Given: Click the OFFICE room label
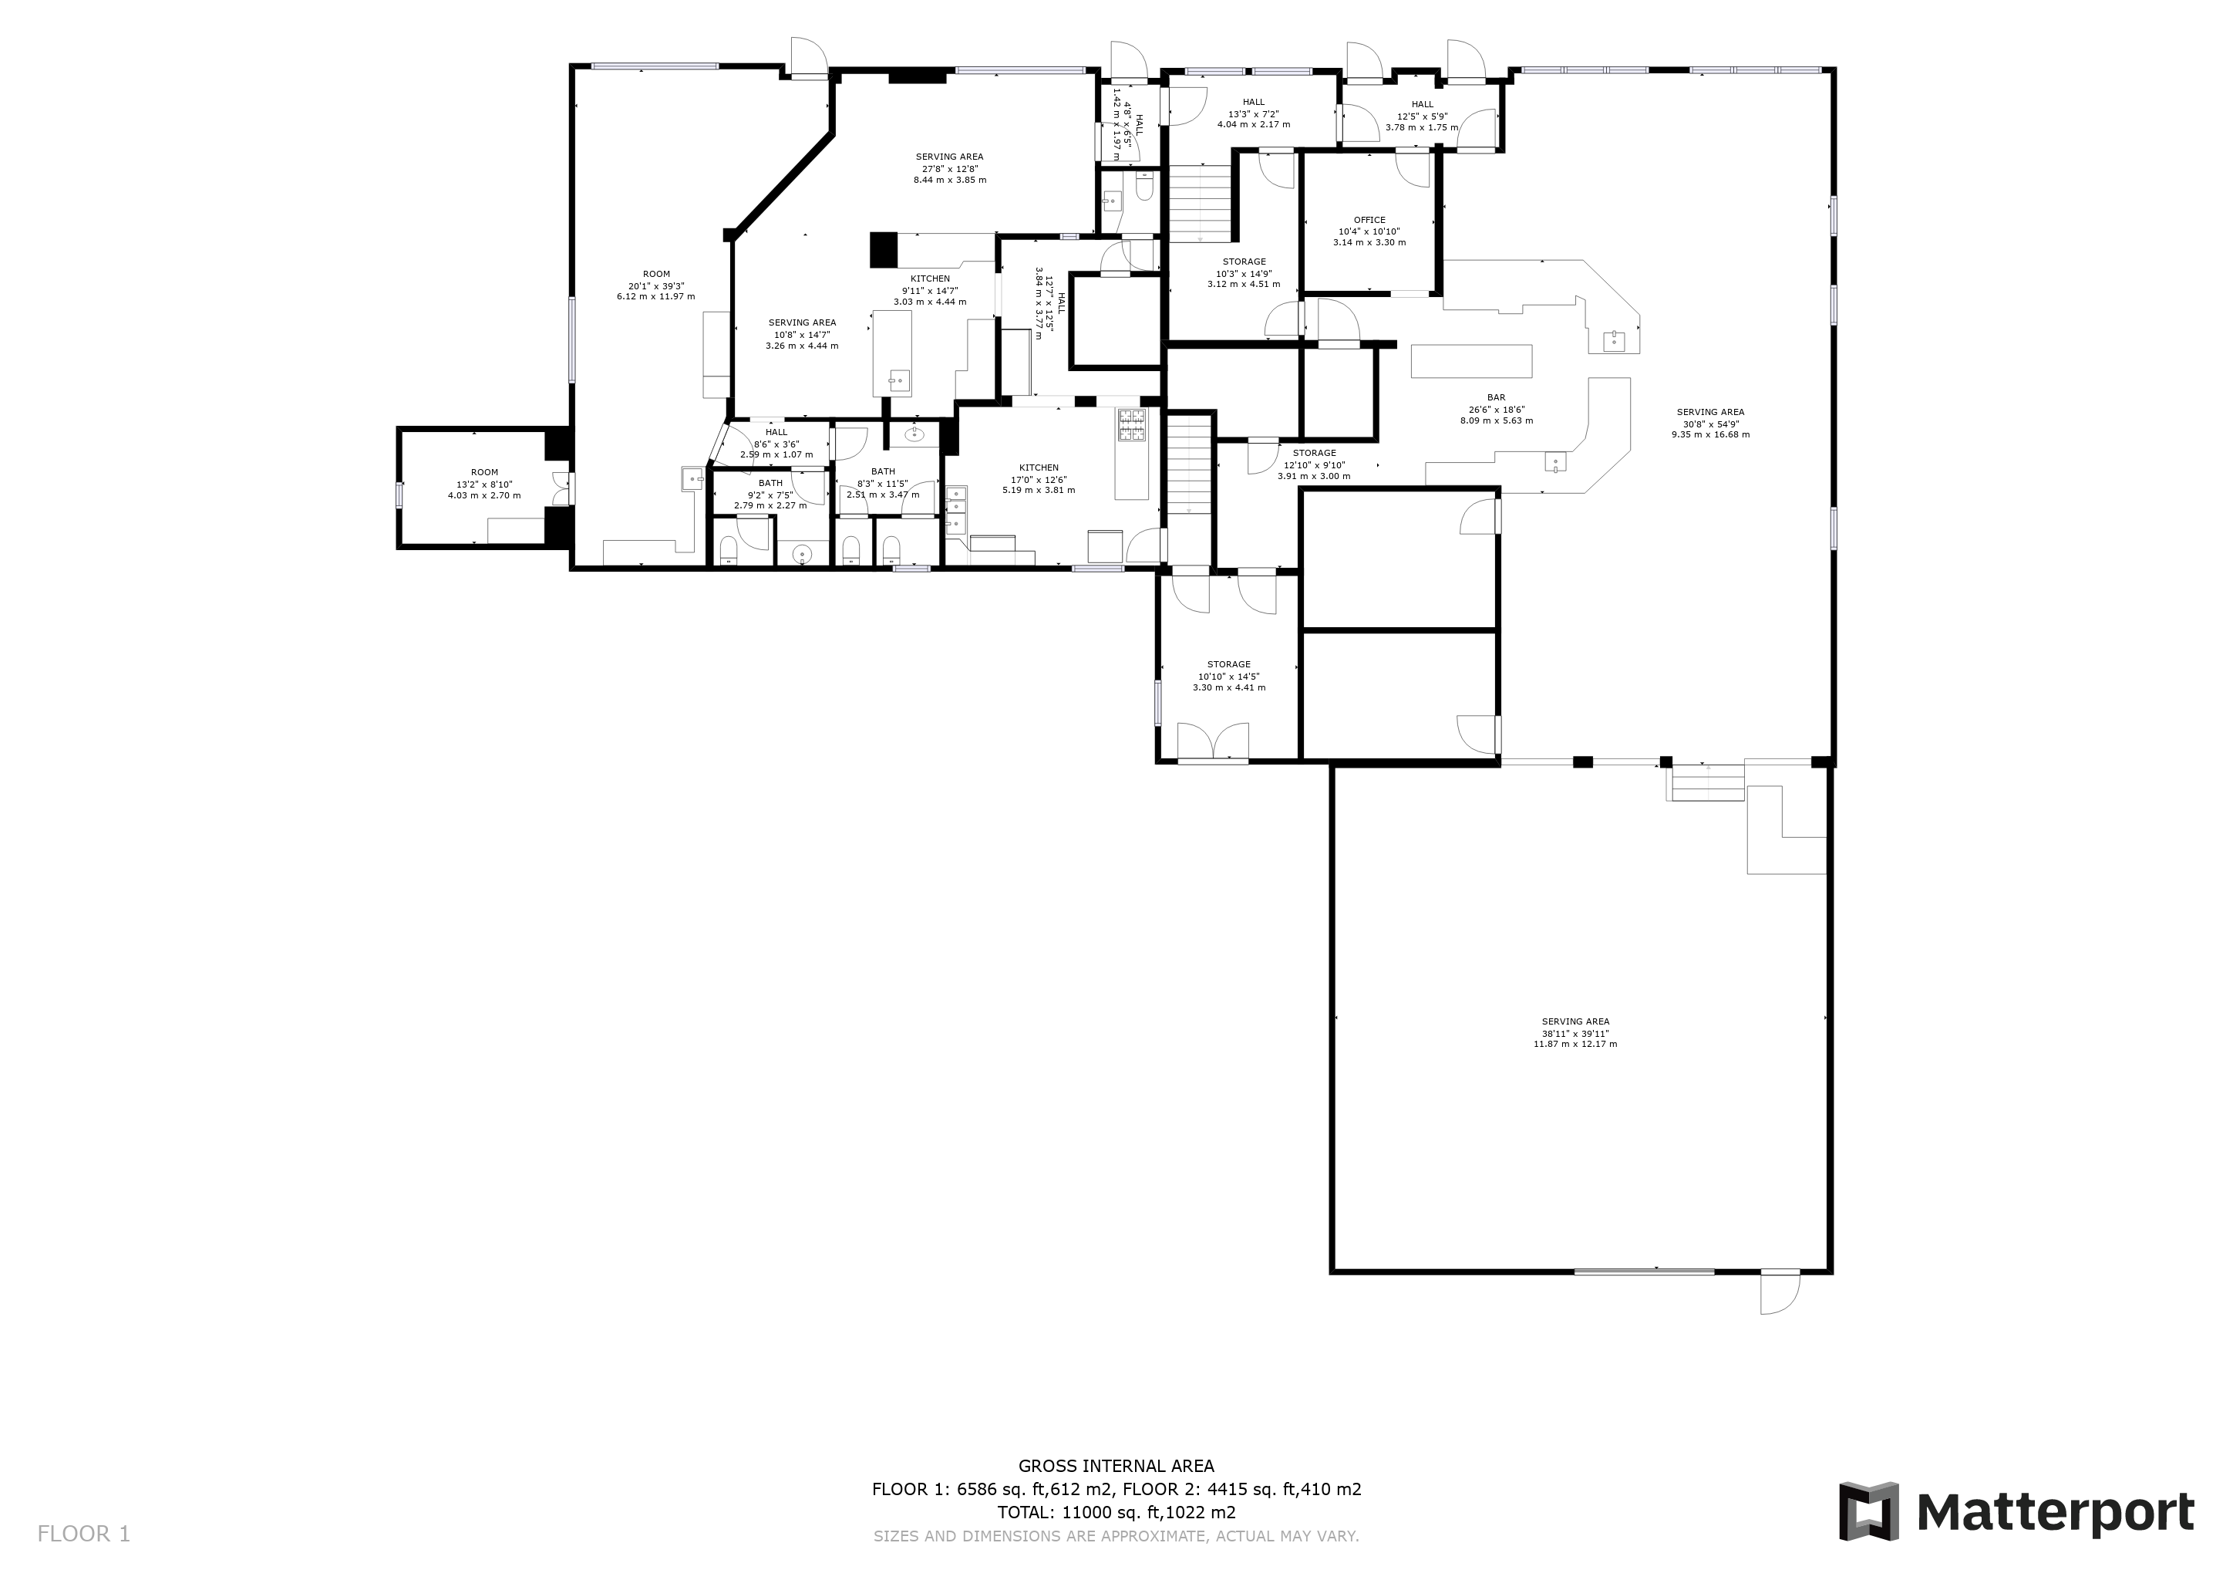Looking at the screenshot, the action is pyautogui.click(x=1369, y=220).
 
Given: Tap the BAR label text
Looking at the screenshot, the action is pyautogui.click(x=1496, y=398).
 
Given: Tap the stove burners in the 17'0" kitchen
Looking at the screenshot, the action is pyautogui.click(x=1132, y=424).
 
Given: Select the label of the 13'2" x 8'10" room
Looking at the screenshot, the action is pyautogui.click(x=484, y=473).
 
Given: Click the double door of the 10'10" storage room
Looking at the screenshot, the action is pyautogui.click(x=1213, y=741).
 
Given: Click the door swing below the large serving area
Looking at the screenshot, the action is pyautogui.click(x=1780, y=1294).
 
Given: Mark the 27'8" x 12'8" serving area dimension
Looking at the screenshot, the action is pyautogui.click(x=949, y=168).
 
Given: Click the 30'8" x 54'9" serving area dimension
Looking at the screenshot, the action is pyautogui.click(x=1711, y=424).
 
